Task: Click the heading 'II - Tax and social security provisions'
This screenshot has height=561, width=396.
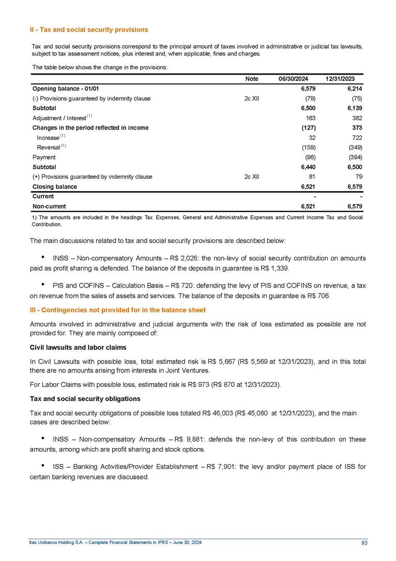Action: tap(89, 30)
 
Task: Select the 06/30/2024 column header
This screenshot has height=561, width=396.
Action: tap(293, 78)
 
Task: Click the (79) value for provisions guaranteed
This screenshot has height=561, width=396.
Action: tap(309, 98)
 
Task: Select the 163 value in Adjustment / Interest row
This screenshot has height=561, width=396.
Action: tap(311, 118)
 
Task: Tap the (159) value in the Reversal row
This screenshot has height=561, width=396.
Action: tap(308, 147)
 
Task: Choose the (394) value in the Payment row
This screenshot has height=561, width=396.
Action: tap(354, 157)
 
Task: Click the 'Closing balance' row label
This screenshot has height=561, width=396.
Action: tap(55, 186)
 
